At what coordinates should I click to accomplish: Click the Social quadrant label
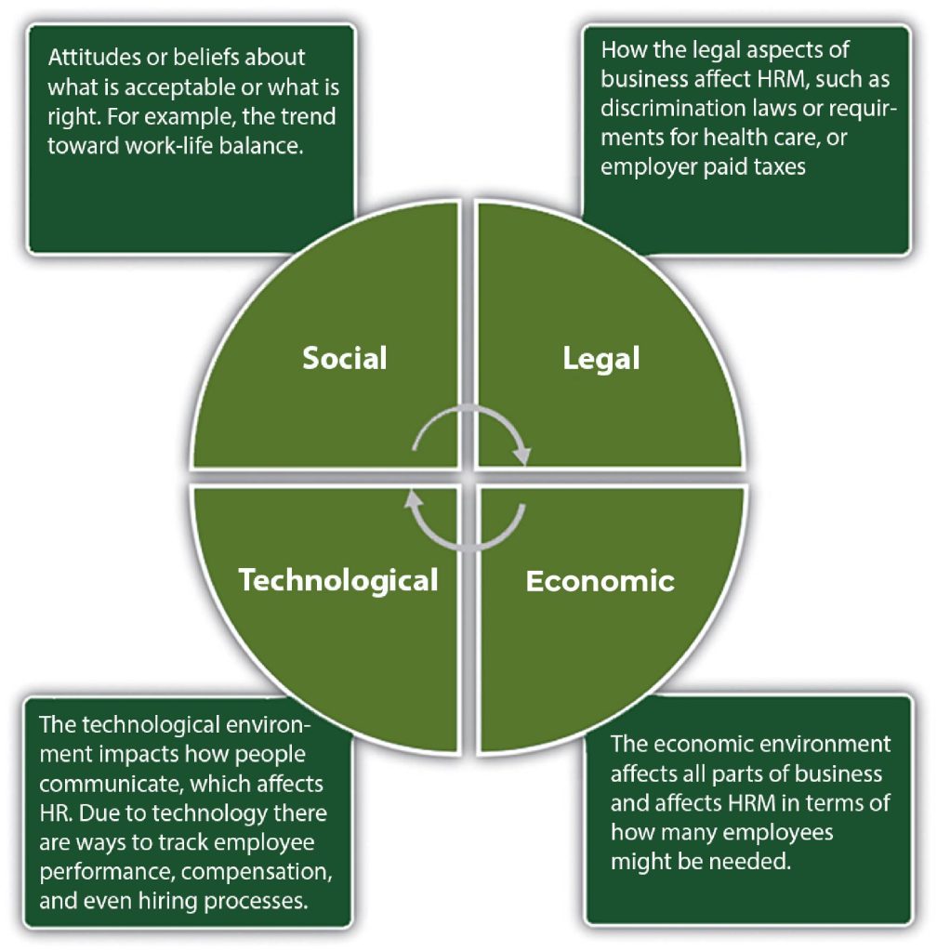[x=345, y=358]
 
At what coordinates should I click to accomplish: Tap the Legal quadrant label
[x=600, y=359]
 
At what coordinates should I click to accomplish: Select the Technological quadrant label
[x=338, y=581]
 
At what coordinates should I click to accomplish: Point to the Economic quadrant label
[x=600, y=581]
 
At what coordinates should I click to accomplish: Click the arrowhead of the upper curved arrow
[x=521, y=455]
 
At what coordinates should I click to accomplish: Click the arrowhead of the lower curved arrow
[x=414, y=499]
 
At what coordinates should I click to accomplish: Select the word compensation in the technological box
[x=257, y=872]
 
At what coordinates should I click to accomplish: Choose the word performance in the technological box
[x=108, y=872]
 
